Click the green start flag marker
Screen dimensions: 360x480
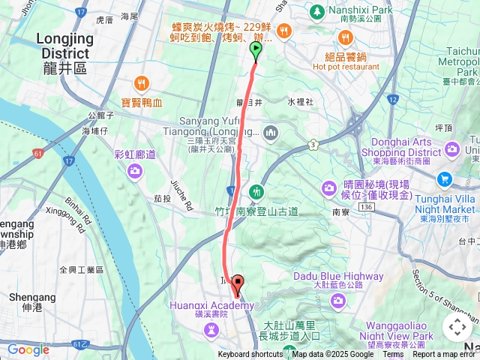(x=255, y=51)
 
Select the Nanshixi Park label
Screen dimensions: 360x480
(x=350, y=11)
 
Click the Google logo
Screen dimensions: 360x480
(x=28, y=349)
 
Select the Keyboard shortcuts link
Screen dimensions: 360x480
(x=250, y=355)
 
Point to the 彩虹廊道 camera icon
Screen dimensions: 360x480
(x=135, y=172)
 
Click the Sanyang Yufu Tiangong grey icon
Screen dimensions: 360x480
(x=271, y=133)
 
